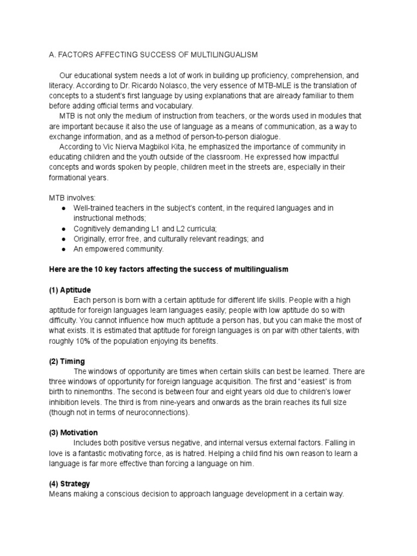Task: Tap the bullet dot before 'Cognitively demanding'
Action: [64, 229]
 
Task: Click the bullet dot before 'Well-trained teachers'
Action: [64, 208]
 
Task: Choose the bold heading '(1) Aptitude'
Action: [70, 289]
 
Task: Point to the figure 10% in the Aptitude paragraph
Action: [83, 341]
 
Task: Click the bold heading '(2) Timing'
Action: [67, 361]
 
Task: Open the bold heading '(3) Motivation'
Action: [73, 433]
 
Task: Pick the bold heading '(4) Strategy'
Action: [69, 484]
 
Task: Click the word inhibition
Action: [67, 402]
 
